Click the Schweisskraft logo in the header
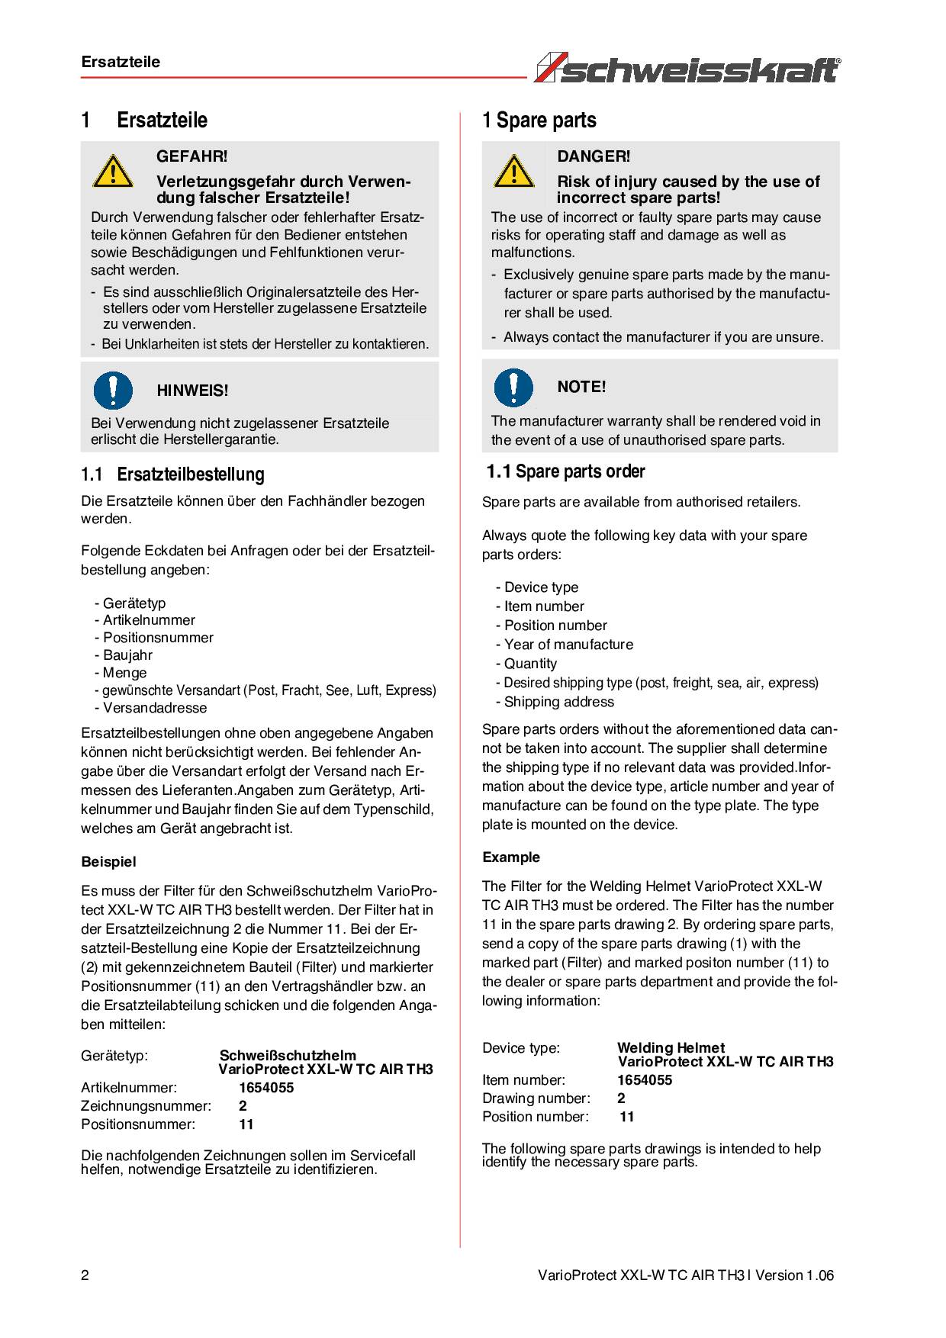(x=687, y=68)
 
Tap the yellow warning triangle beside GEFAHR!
(x=113, y=171)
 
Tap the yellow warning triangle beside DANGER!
(x=513, y=171)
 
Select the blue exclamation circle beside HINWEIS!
(x=113, y=389)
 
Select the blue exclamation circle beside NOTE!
(x=513, y=387)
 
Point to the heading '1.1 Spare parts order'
(x=565, y=471)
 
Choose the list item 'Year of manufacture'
(x=568, y=645)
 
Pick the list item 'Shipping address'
(x=558, y=702)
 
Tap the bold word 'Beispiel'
(x=108, y=862)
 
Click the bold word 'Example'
(x=510, y=857)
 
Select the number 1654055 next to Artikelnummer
(x=265, y=1088)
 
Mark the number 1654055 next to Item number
(x=644, y=1080)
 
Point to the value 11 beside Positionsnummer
(x=246, y=1124)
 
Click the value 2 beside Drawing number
(x=621, y=1098)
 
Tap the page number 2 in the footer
(x=85, y=1275)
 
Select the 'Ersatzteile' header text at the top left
(x=121, y=62)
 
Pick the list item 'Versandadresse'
(x=154, y=708)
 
